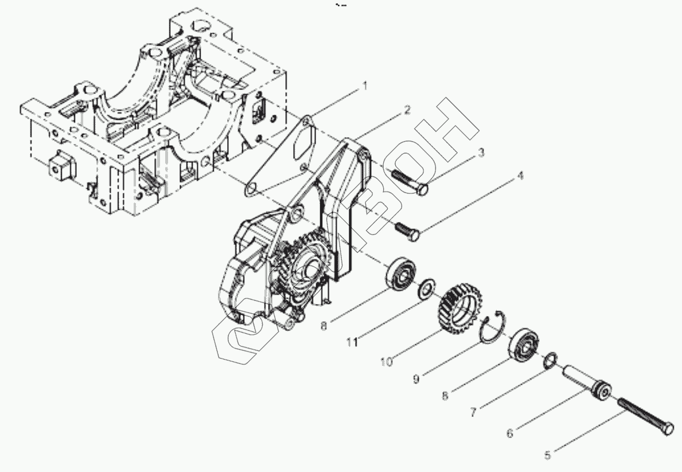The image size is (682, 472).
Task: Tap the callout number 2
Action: (x=407, y=110)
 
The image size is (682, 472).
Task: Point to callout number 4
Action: (x=519, y=176)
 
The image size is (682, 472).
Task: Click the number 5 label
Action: (x=547, y=455)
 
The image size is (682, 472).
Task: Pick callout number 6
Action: (x=510, y=434)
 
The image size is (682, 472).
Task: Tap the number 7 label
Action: (x=473, y=412)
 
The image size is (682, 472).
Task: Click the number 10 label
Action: (x=386, y=361)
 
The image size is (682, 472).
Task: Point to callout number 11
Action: (x=352, y=342)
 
